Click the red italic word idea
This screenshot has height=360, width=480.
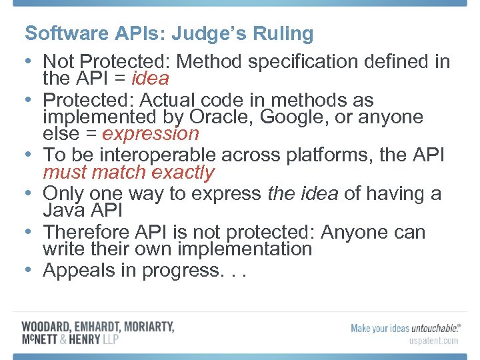click(150, 79)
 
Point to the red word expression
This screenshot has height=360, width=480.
click(151, 134)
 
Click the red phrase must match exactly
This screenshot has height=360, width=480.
click(129, 173)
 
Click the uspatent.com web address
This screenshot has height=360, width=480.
click(433, 341)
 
